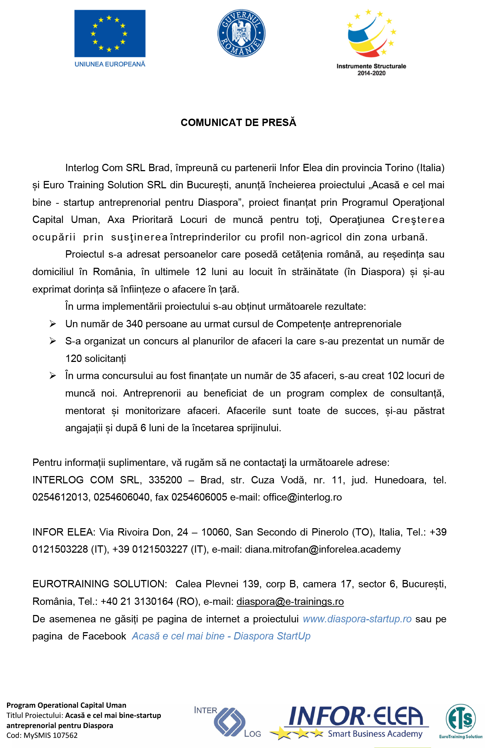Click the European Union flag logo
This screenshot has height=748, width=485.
pyautogui.click(x=110, y=34)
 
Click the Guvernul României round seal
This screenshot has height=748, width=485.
pyautogui.click(x=241, y=33)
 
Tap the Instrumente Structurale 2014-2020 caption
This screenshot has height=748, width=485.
pyautogui.click(x=371, y=69)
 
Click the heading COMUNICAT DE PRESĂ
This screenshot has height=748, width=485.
pyautogui.click(x=238, y=123)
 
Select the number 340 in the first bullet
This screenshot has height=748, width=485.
pyautogui.click(x=134, y=324)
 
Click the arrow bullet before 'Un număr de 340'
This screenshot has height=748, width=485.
pyautogui.click(x=53, y=324)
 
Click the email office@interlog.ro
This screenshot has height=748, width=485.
pyautogui.click(x=302, y=497)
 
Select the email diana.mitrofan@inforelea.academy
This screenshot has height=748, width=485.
pyautogui.click(x=323, y=550)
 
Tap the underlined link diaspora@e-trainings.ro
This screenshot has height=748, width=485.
pyautogui.click(x=290, y=602)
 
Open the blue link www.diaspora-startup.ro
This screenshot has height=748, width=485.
pyautogui.click(x=357, y=619)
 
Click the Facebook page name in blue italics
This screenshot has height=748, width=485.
pyautogui.click(x=221, y=636)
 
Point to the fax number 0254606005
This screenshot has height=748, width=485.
pyautogui.click(x=199, y=497)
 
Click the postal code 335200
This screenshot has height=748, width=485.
pyautogui.click(x=165, y=480)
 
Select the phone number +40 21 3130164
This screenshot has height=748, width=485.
pyautogui.click(x=137, y=602)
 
